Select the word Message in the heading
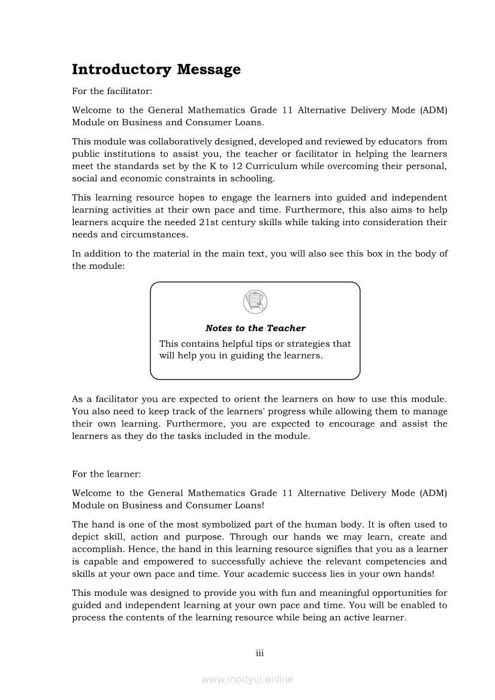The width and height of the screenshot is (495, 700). coord(209,69)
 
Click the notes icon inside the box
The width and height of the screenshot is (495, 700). coord(255,301)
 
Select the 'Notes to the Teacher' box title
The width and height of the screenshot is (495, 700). coord(255,328)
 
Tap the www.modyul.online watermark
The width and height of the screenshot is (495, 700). coord(248,680)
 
